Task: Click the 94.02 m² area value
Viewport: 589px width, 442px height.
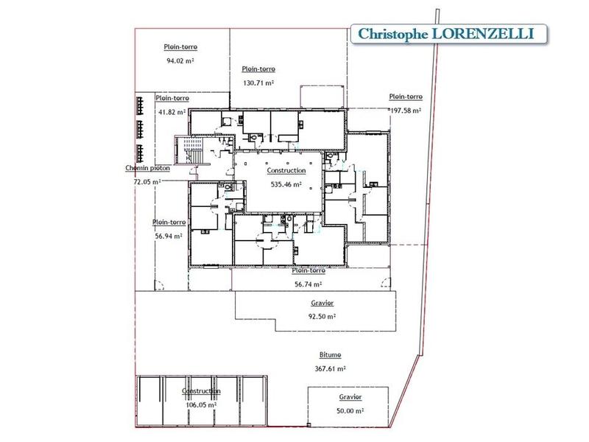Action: (x=181, y=61)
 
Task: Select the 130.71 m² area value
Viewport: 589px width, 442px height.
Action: (x=258, y=83)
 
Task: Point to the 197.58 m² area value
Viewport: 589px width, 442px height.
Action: (x=406, y=110)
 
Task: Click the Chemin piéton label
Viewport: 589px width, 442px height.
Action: (x=147, y=168)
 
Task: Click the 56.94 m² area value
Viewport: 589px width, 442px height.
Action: (x=169, y=236)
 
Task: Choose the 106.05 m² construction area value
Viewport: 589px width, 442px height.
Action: (x=201, y=404)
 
